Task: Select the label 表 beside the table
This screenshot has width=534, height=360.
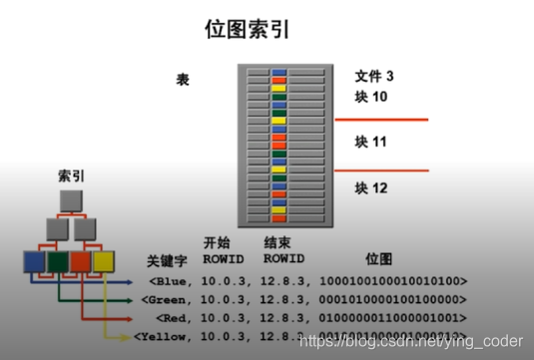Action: [183, 79]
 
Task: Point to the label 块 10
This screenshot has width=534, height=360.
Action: [371, 97]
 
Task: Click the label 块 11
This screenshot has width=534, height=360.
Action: [371, 144]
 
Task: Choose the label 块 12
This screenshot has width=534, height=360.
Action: [371, 187]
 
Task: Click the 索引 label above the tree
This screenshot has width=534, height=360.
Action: [73, 175]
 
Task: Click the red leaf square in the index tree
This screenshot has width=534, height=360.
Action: [83, 263]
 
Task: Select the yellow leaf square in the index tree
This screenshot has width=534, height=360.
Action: [105, 263]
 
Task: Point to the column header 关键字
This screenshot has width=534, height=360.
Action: [167, 260]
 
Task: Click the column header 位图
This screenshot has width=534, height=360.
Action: [381, 257]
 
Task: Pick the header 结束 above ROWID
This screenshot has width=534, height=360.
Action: [276, 242]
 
